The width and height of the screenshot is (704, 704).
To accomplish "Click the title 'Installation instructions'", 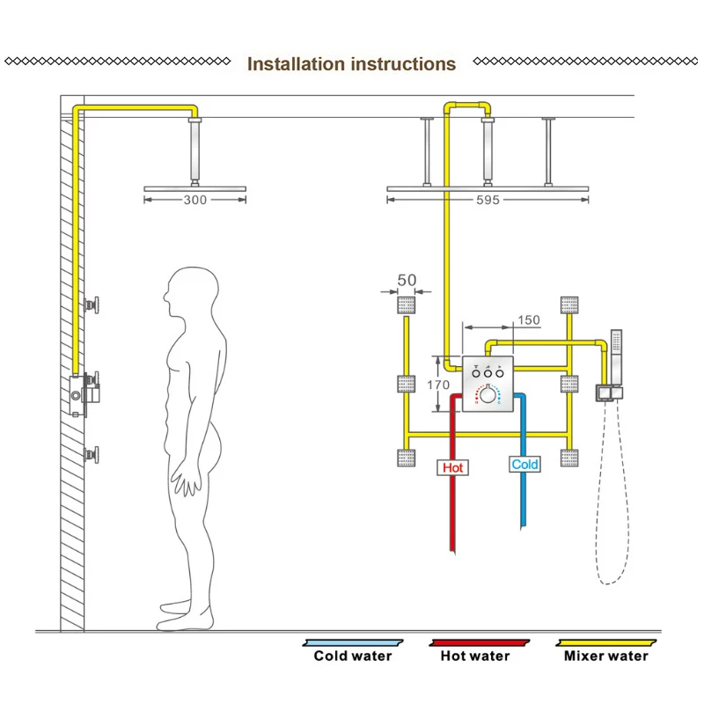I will (351, 64).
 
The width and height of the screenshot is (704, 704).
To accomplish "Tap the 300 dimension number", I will (195, 201).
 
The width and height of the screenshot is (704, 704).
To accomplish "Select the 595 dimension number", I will (488, 201).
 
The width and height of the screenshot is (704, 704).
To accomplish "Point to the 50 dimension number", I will (407, 281).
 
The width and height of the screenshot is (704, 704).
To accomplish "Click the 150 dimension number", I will (529, 320).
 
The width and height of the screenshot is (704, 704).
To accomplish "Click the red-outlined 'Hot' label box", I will (452, 467).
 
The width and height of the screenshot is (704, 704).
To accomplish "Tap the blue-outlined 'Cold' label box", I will (524, 464).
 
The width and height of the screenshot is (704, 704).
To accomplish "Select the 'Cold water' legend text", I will (353, 656).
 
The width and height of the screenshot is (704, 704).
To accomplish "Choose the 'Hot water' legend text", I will (475, 656).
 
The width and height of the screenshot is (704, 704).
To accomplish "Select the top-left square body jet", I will (407, 306).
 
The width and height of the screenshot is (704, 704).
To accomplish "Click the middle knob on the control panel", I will (488, 374).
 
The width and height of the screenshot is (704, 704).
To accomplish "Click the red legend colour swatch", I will (475, 643).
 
